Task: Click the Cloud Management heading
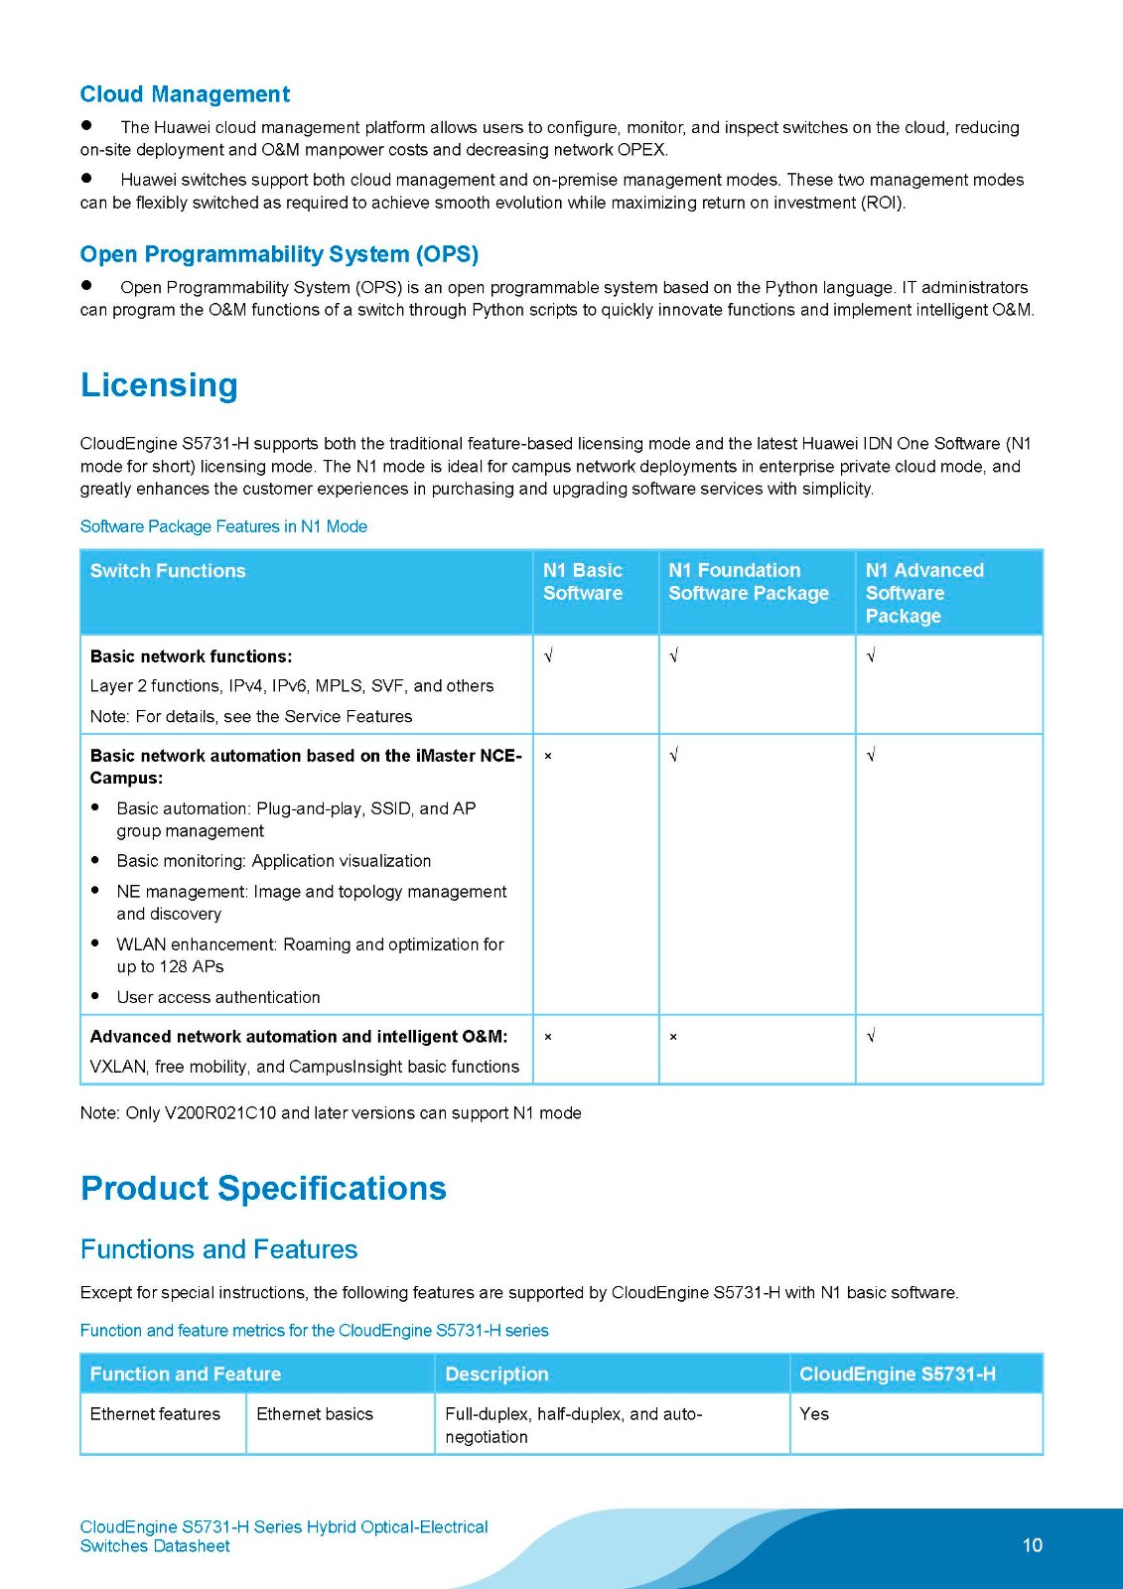click(185, 94)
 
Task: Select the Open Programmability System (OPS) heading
click(279, 254)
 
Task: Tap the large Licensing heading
click(159, 385)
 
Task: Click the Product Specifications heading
click(263, 1189)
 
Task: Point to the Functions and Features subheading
click(218, 1249)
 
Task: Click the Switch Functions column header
click(168, 571)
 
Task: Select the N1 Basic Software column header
click(583, 582)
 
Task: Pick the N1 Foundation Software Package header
click(748, 582)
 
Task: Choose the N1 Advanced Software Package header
click(923, 593)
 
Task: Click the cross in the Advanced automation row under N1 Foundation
click(673, 1037)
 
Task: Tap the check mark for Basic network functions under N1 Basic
click(548, 656)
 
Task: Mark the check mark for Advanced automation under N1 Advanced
click(871, 1037)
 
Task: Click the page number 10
click(1033, 1545)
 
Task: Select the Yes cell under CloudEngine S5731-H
click(814, 1414)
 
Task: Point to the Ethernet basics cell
click(315, 1414)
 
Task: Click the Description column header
click(496, 1374)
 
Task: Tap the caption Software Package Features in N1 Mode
click(223, 526)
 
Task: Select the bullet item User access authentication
click(218, 997)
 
